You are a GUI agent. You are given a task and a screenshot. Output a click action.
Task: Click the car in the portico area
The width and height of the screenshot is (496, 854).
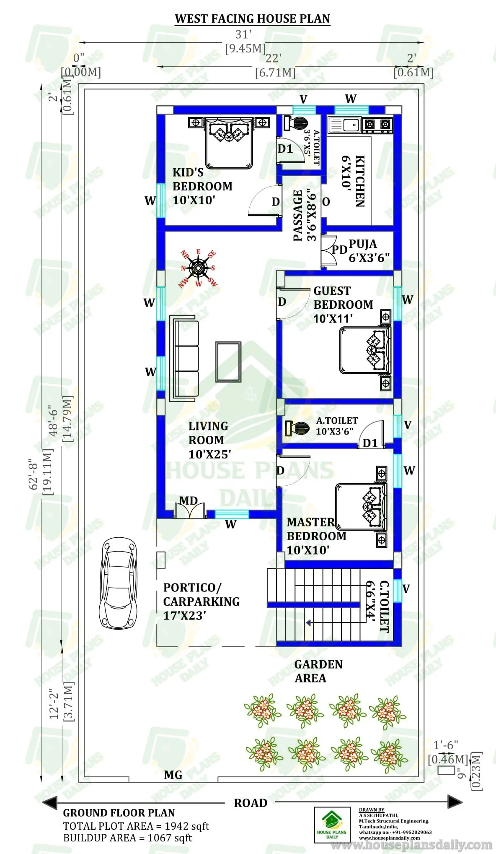point(119,583)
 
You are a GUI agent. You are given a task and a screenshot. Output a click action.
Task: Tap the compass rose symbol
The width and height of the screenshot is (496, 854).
point(199,268)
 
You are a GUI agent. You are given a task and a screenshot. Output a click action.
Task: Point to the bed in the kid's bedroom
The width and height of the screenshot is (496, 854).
point(229,143)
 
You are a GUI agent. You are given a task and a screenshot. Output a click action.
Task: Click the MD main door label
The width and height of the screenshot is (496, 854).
point(189,500)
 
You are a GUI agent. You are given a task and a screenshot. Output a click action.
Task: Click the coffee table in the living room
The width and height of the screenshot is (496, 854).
point(228,362)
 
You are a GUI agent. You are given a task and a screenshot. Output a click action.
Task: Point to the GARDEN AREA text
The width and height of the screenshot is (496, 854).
point(318,671)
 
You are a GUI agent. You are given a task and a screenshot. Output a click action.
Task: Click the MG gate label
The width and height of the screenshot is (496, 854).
point(173,775)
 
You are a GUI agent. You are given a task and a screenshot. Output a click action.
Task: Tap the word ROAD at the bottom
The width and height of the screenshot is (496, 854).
point(251,803)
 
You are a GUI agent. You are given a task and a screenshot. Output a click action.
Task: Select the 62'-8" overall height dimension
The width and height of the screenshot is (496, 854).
point(34,474)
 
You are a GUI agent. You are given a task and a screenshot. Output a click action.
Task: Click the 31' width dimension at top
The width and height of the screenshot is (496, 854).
point(243,34)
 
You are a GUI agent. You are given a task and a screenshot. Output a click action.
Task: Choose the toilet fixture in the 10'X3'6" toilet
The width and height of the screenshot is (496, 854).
point(297,428)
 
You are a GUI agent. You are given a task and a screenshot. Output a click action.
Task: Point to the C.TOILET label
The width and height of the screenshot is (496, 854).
point(384,607)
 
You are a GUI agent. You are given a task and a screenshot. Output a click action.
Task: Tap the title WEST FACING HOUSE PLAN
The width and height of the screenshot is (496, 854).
point(252,19)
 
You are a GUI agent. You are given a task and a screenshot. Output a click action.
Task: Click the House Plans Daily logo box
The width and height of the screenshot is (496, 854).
point(332,825)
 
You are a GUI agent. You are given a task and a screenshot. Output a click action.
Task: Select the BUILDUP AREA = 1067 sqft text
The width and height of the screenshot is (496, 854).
point(127,838)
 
